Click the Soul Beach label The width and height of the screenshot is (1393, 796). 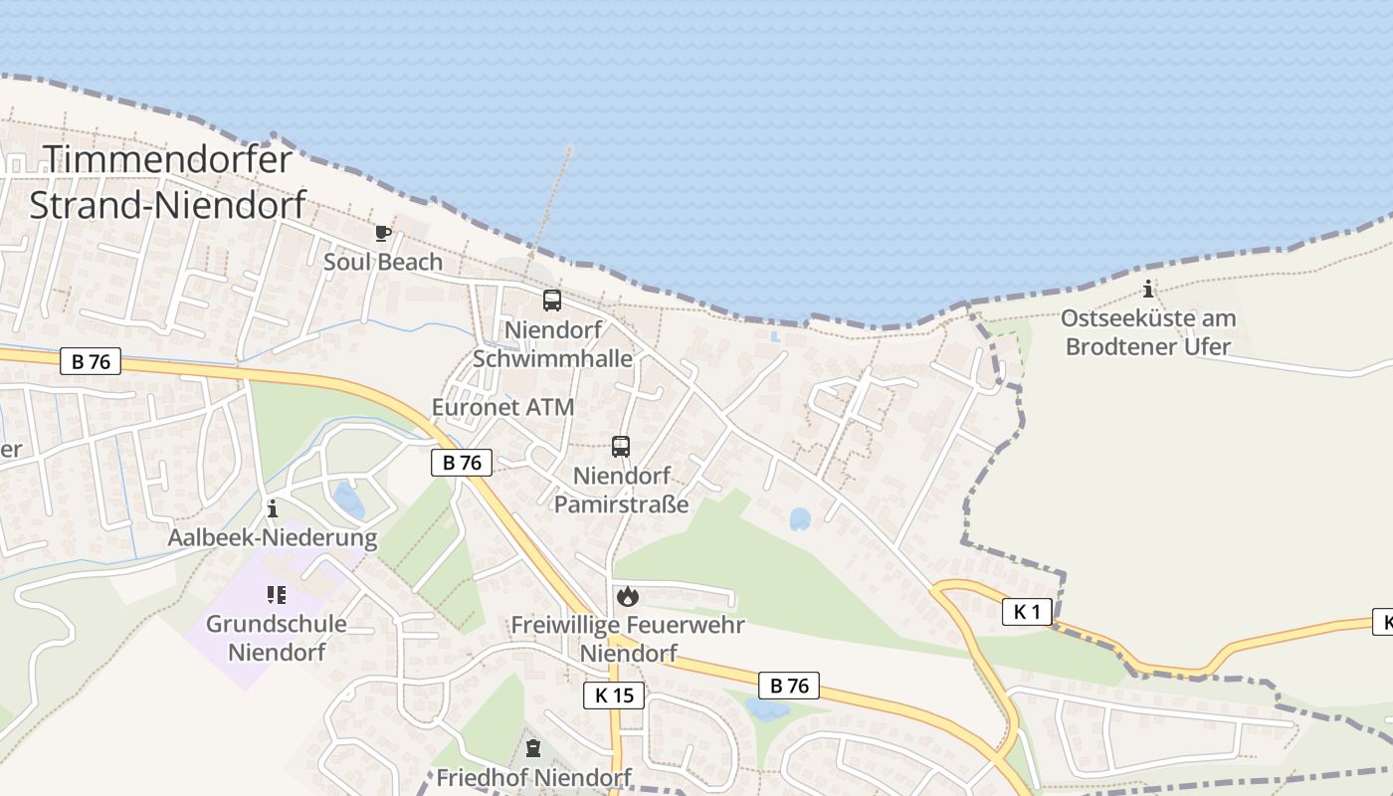[x=383, y=262]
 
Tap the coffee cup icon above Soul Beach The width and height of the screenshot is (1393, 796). [x=382, y=234]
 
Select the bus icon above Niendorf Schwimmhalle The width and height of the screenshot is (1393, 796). [x=552, y=299]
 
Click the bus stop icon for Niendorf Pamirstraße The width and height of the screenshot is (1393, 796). [x=621, y=447]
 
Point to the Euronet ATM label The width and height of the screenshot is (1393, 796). [x=502, y=407]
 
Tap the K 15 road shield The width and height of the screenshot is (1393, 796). [x=614, y=696]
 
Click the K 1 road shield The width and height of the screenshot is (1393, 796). [x=1026, y=612]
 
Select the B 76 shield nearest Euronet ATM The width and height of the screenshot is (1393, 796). [x=462, y=463]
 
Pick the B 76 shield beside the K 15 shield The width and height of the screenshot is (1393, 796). [x=789, y=685]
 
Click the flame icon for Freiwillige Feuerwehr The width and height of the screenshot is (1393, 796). [x=627, y=596]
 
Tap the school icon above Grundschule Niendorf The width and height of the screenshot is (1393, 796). [x=276, y=595]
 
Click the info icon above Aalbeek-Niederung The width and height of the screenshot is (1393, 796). [x=273, y=509]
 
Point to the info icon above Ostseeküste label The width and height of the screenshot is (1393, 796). [x=1148, y=290]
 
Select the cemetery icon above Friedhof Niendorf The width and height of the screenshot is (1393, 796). [x=533, y=748]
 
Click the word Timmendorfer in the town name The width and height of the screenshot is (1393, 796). [x=168, y=160]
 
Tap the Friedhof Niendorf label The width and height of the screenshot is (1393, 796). [x=533, y=777]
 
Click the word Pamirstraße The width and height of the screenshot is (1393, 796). [x=621, y=503]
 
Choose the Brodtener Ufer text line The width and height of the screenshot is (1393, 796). [x=1148, y=346]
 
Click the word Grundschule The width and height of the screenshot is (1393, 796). [x=277, y=624]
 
